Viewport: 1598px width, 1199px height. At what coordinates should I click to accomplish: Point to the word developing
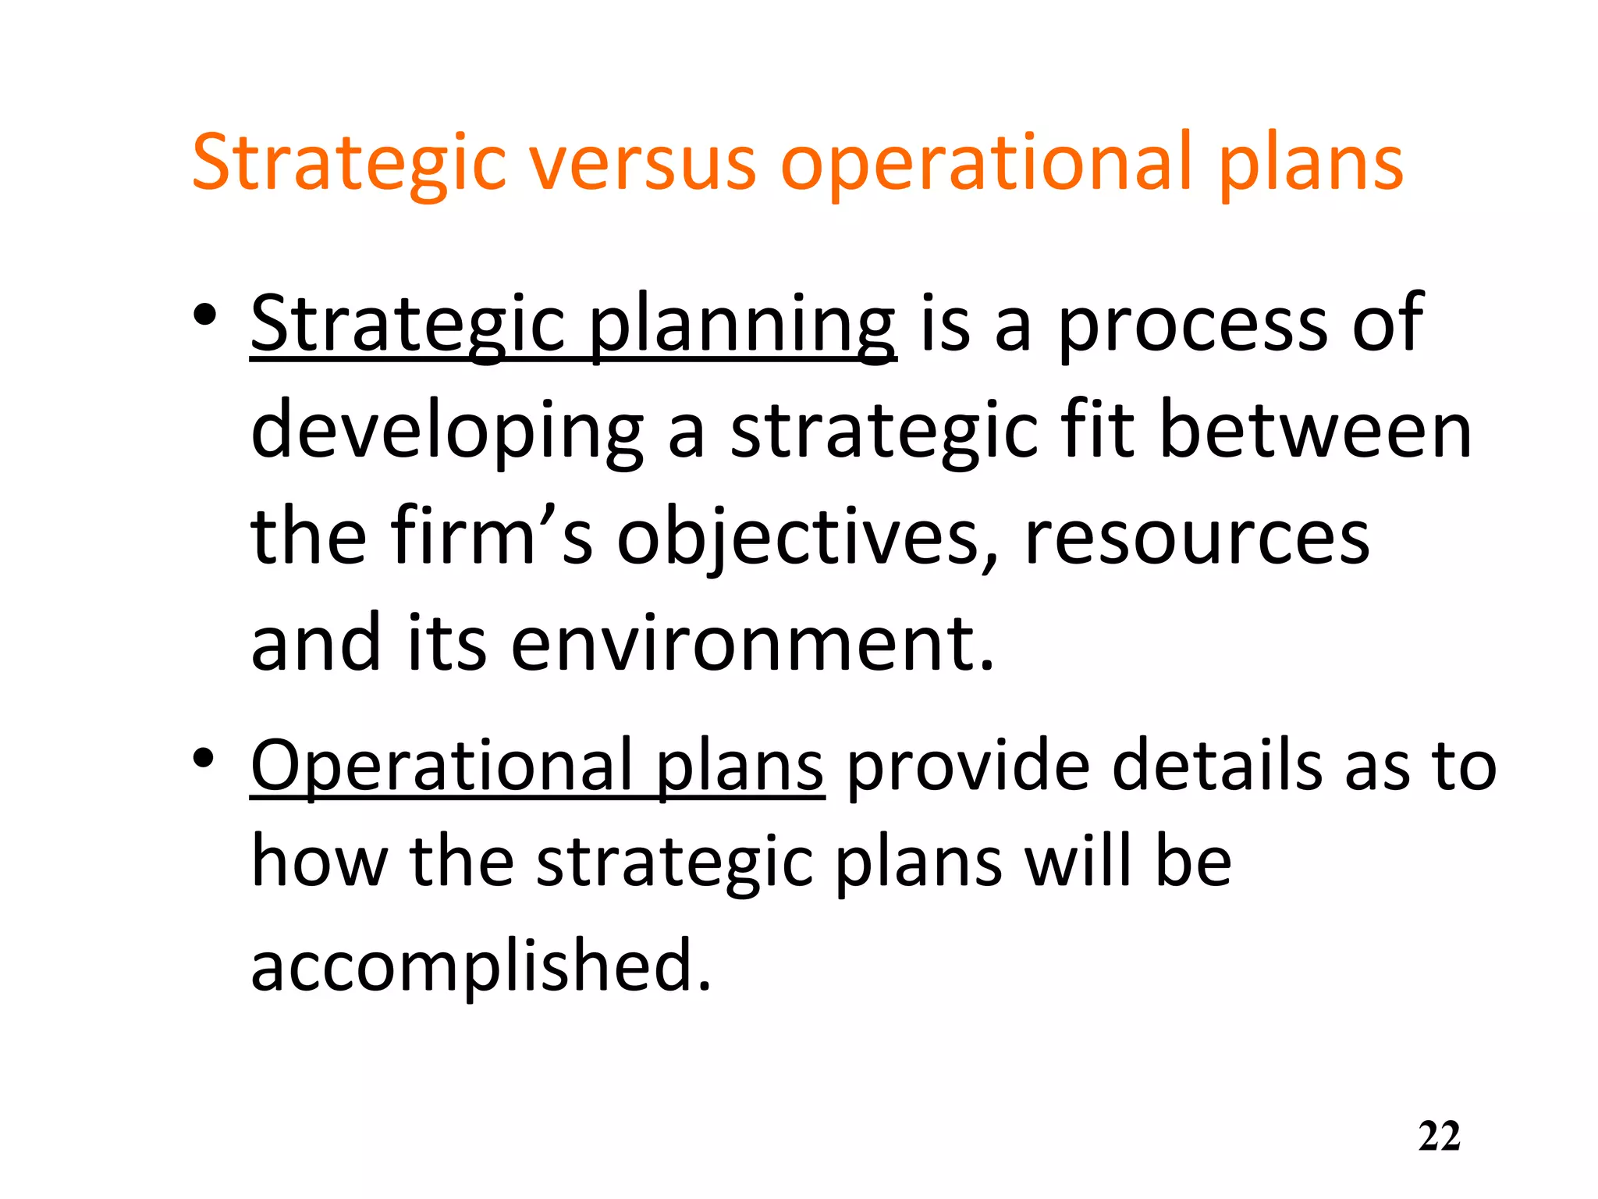pos(446,432)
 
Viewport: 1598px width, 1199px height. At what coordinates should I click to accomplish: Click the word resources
pos(1196,539)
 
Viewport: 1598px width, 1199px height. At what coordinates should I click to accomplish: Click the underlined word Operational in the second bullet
pos(442,767)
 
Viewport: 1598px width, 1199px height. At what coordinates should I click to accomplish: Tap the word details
pos(1216,767)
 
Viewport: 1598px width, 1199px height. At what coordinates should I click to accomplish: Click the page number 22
pos(1439,1137)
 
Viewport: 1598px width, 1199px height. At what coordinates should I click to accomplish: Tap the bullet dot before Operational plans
pos(204,759)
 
